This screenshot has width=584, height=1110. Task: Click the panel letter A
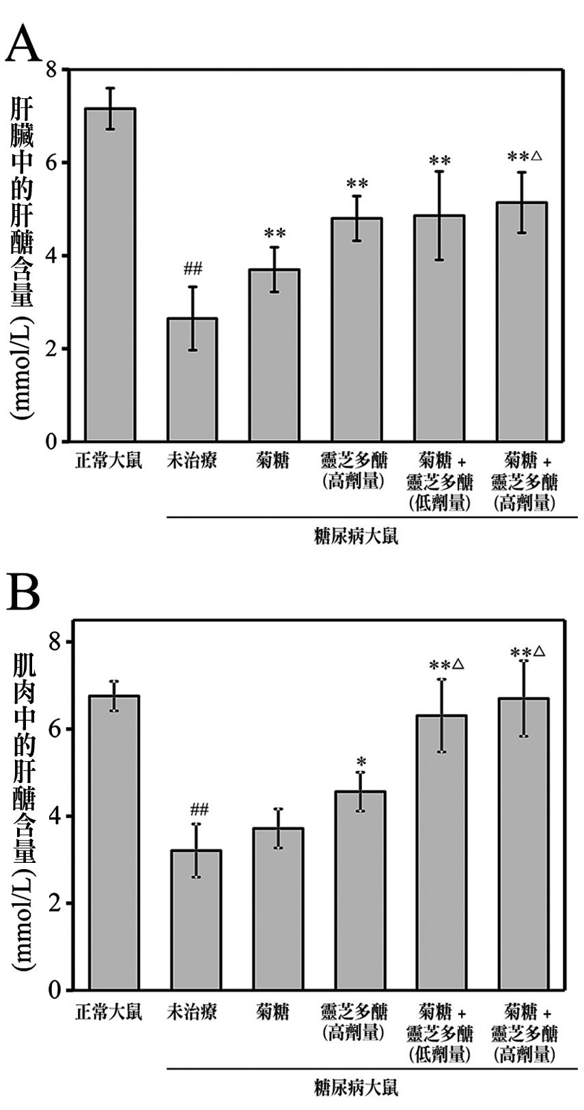24,46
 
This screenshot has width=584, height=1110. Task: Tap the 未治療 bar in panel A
192,380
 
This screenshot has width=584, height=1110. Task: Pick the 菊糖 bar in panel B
278,909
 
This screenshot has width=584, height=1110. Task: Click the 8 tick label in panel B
55,642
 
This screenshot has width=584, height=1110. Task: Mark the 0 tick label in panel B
55,990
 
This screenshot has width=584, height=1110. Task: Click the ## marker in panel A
193,268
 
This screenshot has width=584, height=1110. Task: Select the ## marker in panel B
199,810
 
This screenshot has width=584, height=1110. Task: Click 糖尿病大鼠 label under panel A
356,536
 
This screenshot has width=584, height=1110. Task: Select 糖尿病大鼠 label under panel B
356,1085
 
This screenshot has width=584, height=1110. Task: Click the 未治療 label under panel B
192,1011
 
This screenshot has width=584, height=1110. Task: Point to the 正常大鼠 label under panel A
109,461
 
